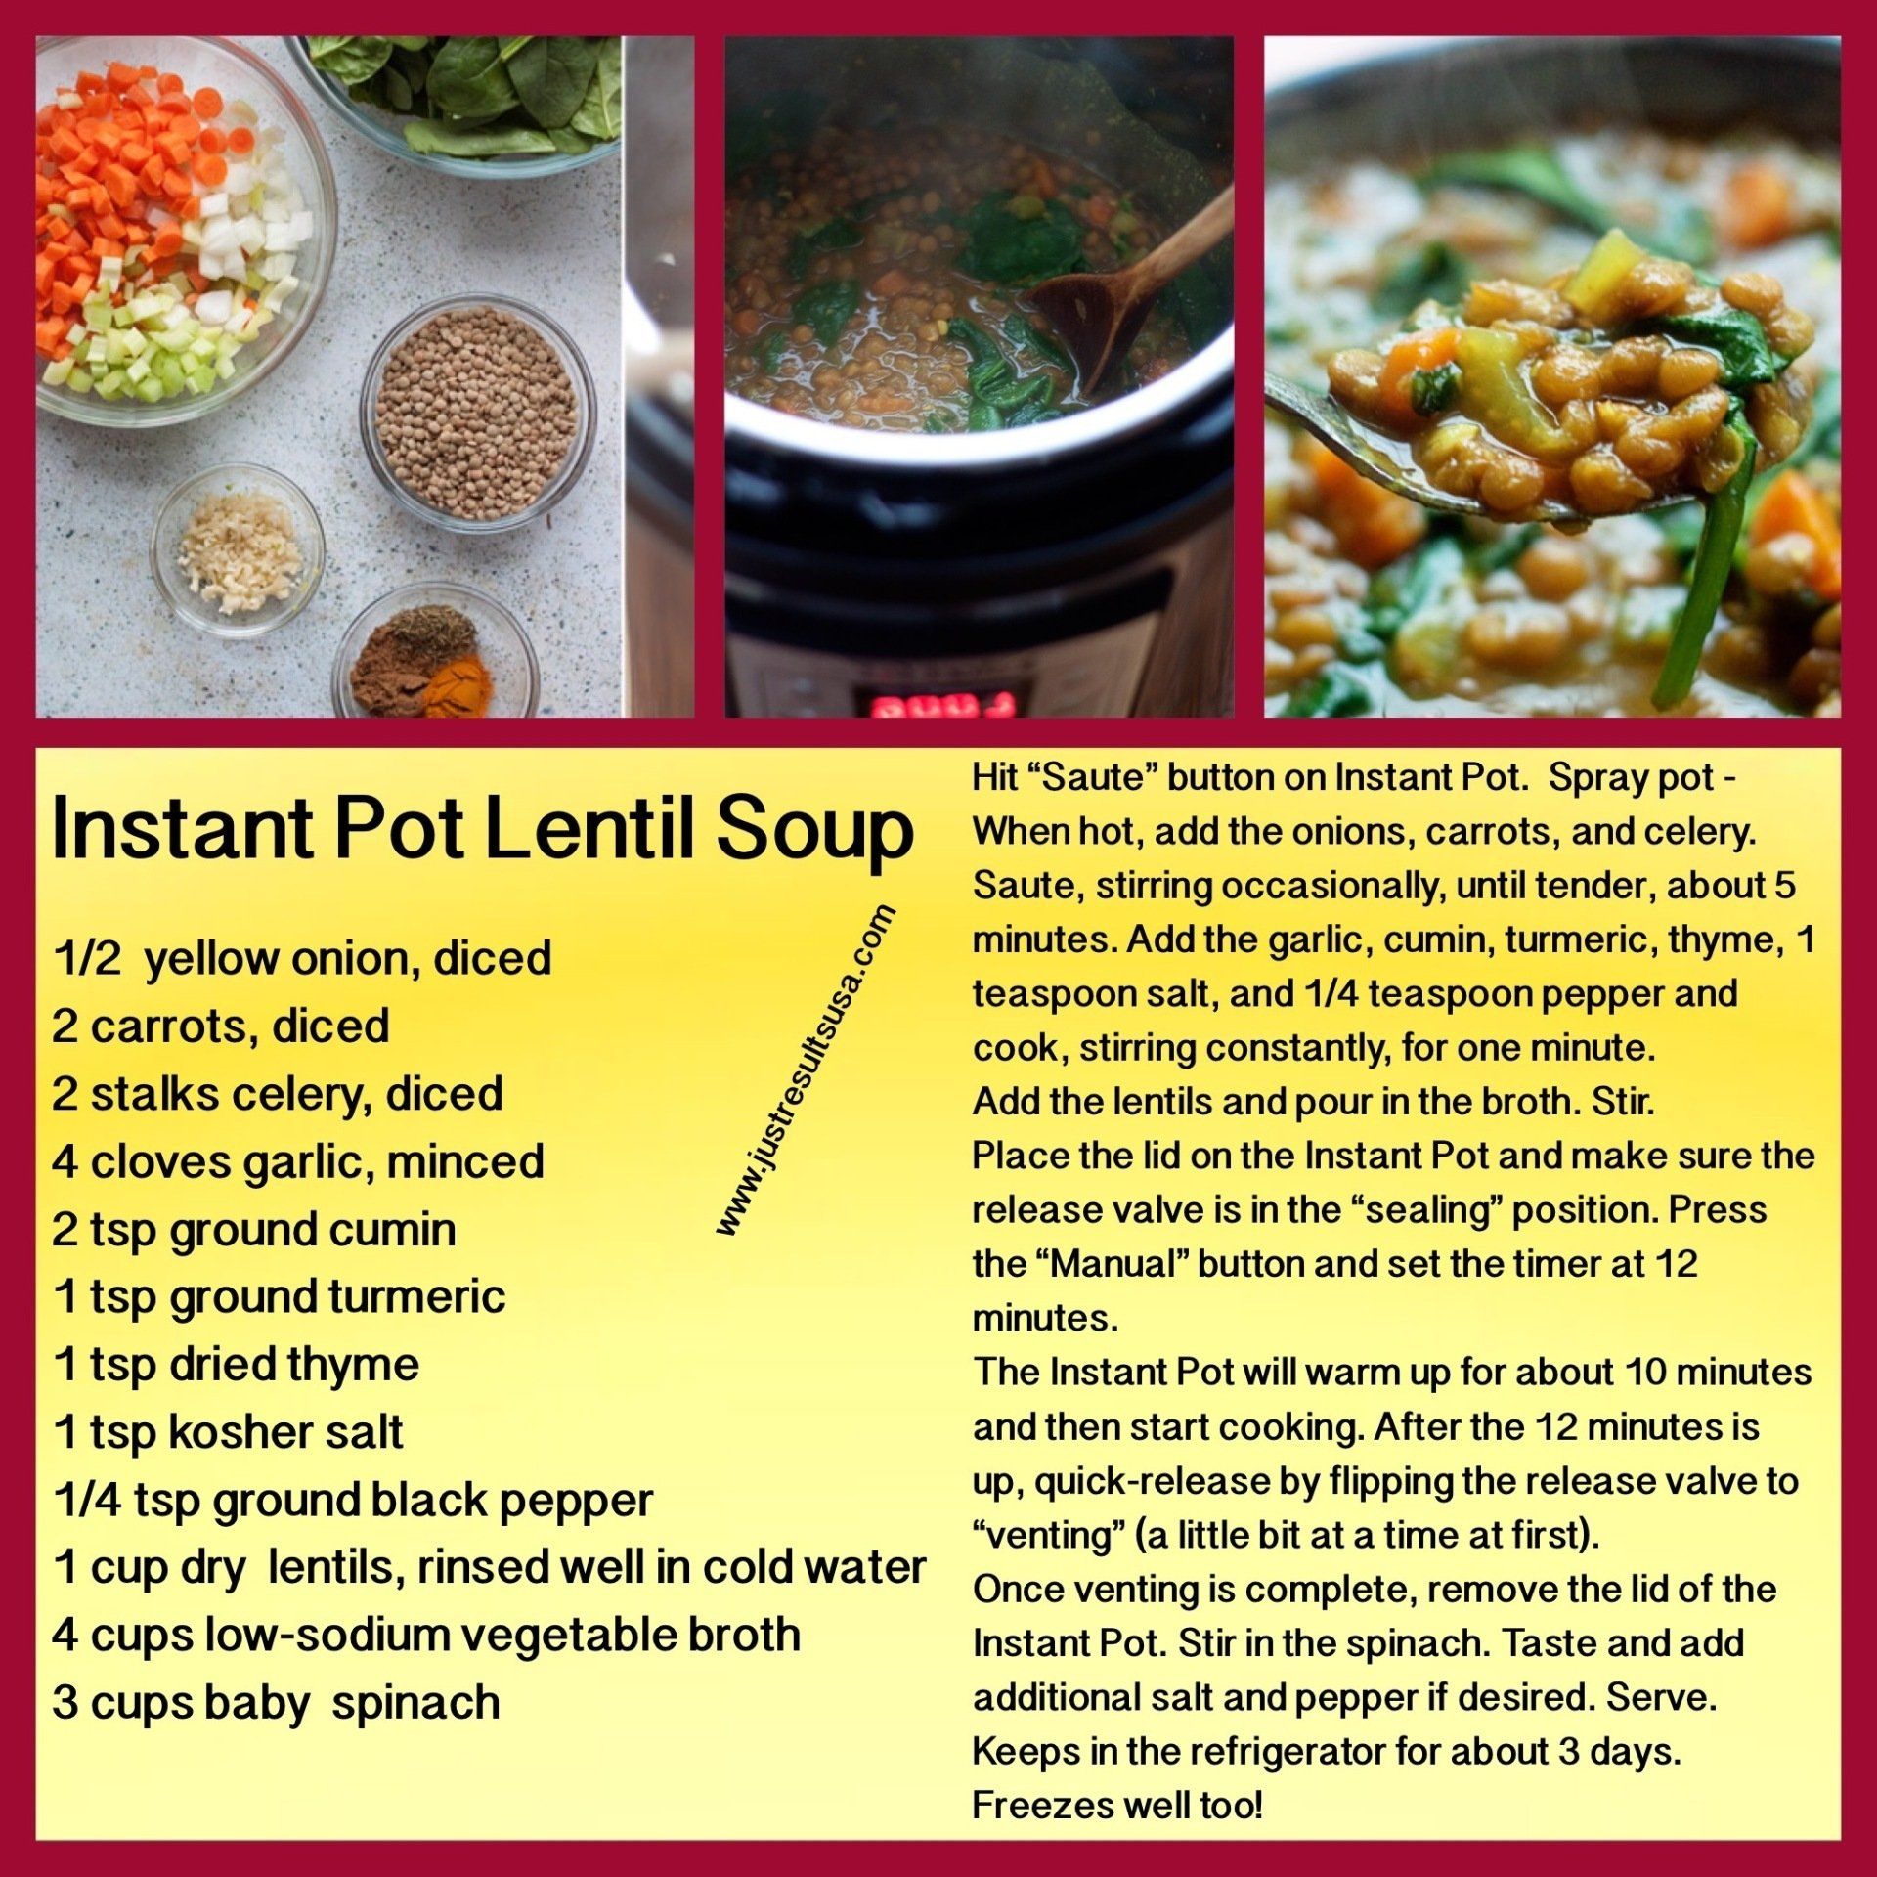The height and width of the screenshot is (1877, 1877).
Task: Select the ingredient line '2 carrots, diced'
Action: tap(221, 1026)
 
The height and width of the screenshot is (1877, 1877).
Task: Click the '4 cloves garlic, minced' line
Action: tap(298, 1162)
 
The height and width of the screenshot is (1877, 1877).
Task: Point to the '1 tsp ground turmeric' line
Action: tap(280, 1297)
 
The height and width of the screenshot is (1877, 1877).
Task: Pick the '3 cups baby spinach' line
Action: tap(277, 1702)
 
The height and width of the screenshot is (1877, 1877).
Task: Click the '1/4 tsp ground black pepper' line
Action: tap(353, 1501)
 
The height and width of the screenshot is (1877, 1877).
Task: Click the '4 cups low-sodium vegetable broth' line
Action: tap(426, 1635)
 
